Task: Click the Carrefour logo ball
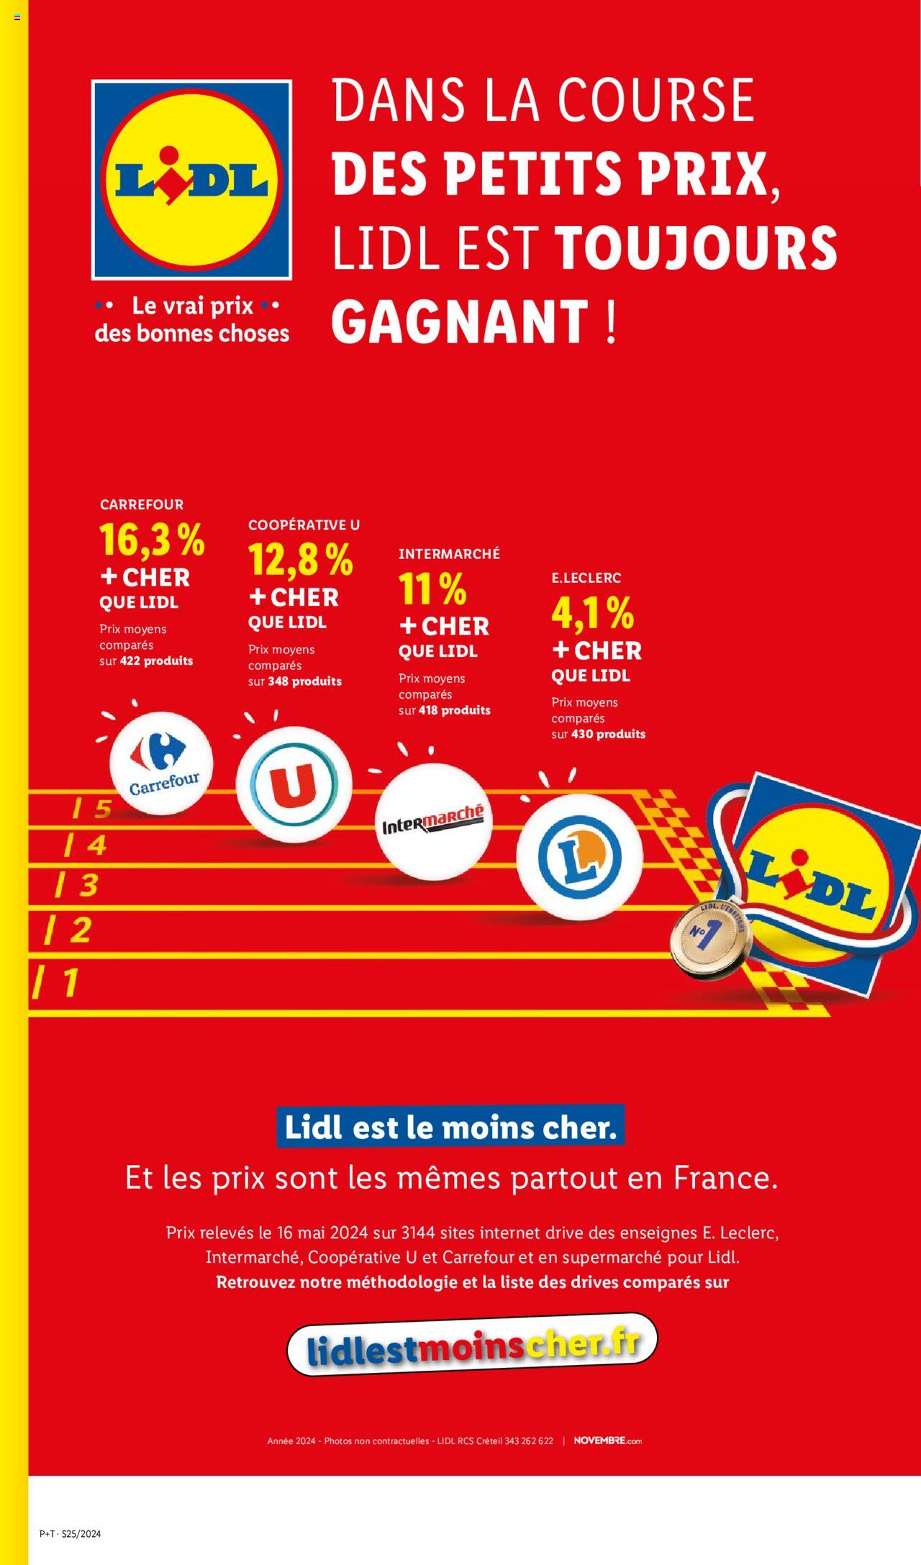161,763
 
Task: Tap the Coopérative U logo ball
294,784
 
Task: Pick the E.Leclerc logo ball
579,857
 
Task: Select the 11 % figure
432,589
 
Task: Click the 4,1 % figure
592,612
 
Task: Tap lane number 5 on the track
94,809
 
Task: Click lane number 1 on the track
58,982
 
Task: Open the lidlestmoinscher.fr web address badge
472,1344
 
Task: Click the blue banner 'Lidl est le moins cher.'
450,1127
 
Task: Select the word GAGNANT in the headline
460,321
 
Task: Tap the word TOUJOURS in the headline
696,248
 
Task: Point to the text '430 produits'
608,734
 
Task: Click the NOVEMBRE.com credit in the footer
607,1441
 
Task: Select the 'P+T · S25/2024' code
70,1533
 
